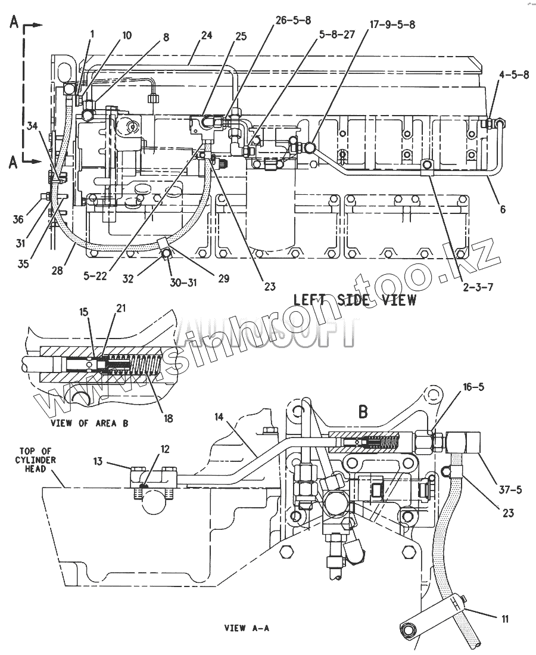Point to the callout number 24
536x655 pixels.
(206, 35)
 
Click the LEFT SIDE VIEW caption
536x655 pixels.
(355, 299)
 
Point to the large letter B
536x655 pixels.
(362, 411)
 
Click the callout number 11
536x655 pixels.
(504, 619)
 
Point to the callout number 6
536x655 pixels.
(503, 210)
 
